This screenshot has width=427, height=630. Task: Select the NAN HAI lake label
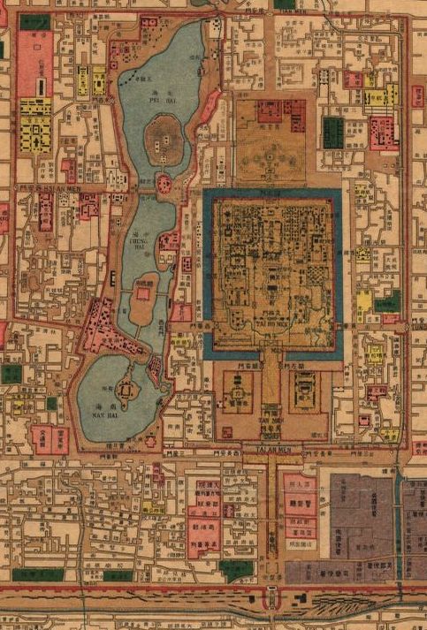tap(125, 408)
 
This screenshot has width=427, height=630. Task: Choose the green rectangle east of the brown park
tap(333, 133)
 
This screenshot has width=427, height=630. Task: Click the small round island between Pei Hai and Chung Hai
tap(164, 185)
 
